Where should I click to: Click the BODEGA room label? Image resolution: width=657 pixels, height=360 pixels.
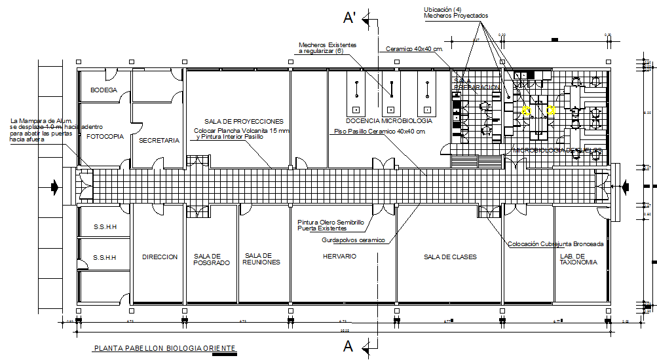[103, 90]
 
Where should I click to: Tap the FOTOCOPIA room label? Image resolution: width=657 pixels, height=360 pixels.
[105, 137]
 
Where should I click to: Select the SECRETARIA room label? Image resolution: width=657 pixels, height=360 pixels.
[159, 141]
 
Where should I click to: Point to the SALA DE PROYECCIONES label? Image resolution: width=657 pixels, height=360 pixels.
[244, 122]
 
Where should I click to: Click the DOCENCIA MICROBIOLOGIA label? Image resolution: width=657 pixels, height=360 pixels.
[388, 121]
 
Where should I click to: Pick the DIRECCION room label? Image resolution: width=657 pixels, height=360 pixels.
[160, 257]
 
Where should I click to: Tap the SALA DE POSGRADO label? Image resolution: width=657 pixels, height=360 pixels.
[212, 259]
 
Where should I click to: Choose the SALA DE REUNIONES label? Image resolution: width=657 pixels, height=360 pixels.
[262, 259]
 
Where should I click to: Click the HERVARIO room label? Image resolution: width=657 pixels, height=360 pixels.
[339, 257]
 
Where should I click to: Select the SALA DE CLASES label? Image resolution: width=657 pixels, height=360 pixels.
[450, 257]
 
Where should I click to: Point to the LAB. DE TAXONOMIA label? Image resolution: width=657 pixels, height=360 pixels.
[578, 259]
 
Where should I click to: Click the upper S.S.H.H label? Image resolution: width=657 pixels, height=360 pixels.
[105, 227]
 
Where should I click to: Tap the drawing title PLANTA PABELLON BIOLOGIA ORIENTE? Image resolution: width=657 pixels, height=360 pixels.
[164, 349]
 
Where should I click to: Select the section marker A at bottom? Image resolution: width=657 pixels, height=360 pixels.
[349, 346]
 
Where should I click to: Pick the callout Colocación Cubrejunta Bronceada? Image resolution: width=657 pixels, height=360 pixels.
[555, 243]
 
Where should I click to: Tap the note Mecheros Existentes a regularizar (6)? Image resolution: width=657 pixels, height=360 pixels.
[328, 47]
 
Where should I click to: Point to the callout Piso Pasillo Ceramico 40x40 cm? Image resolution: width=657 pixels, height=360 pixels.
[380, 132]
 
